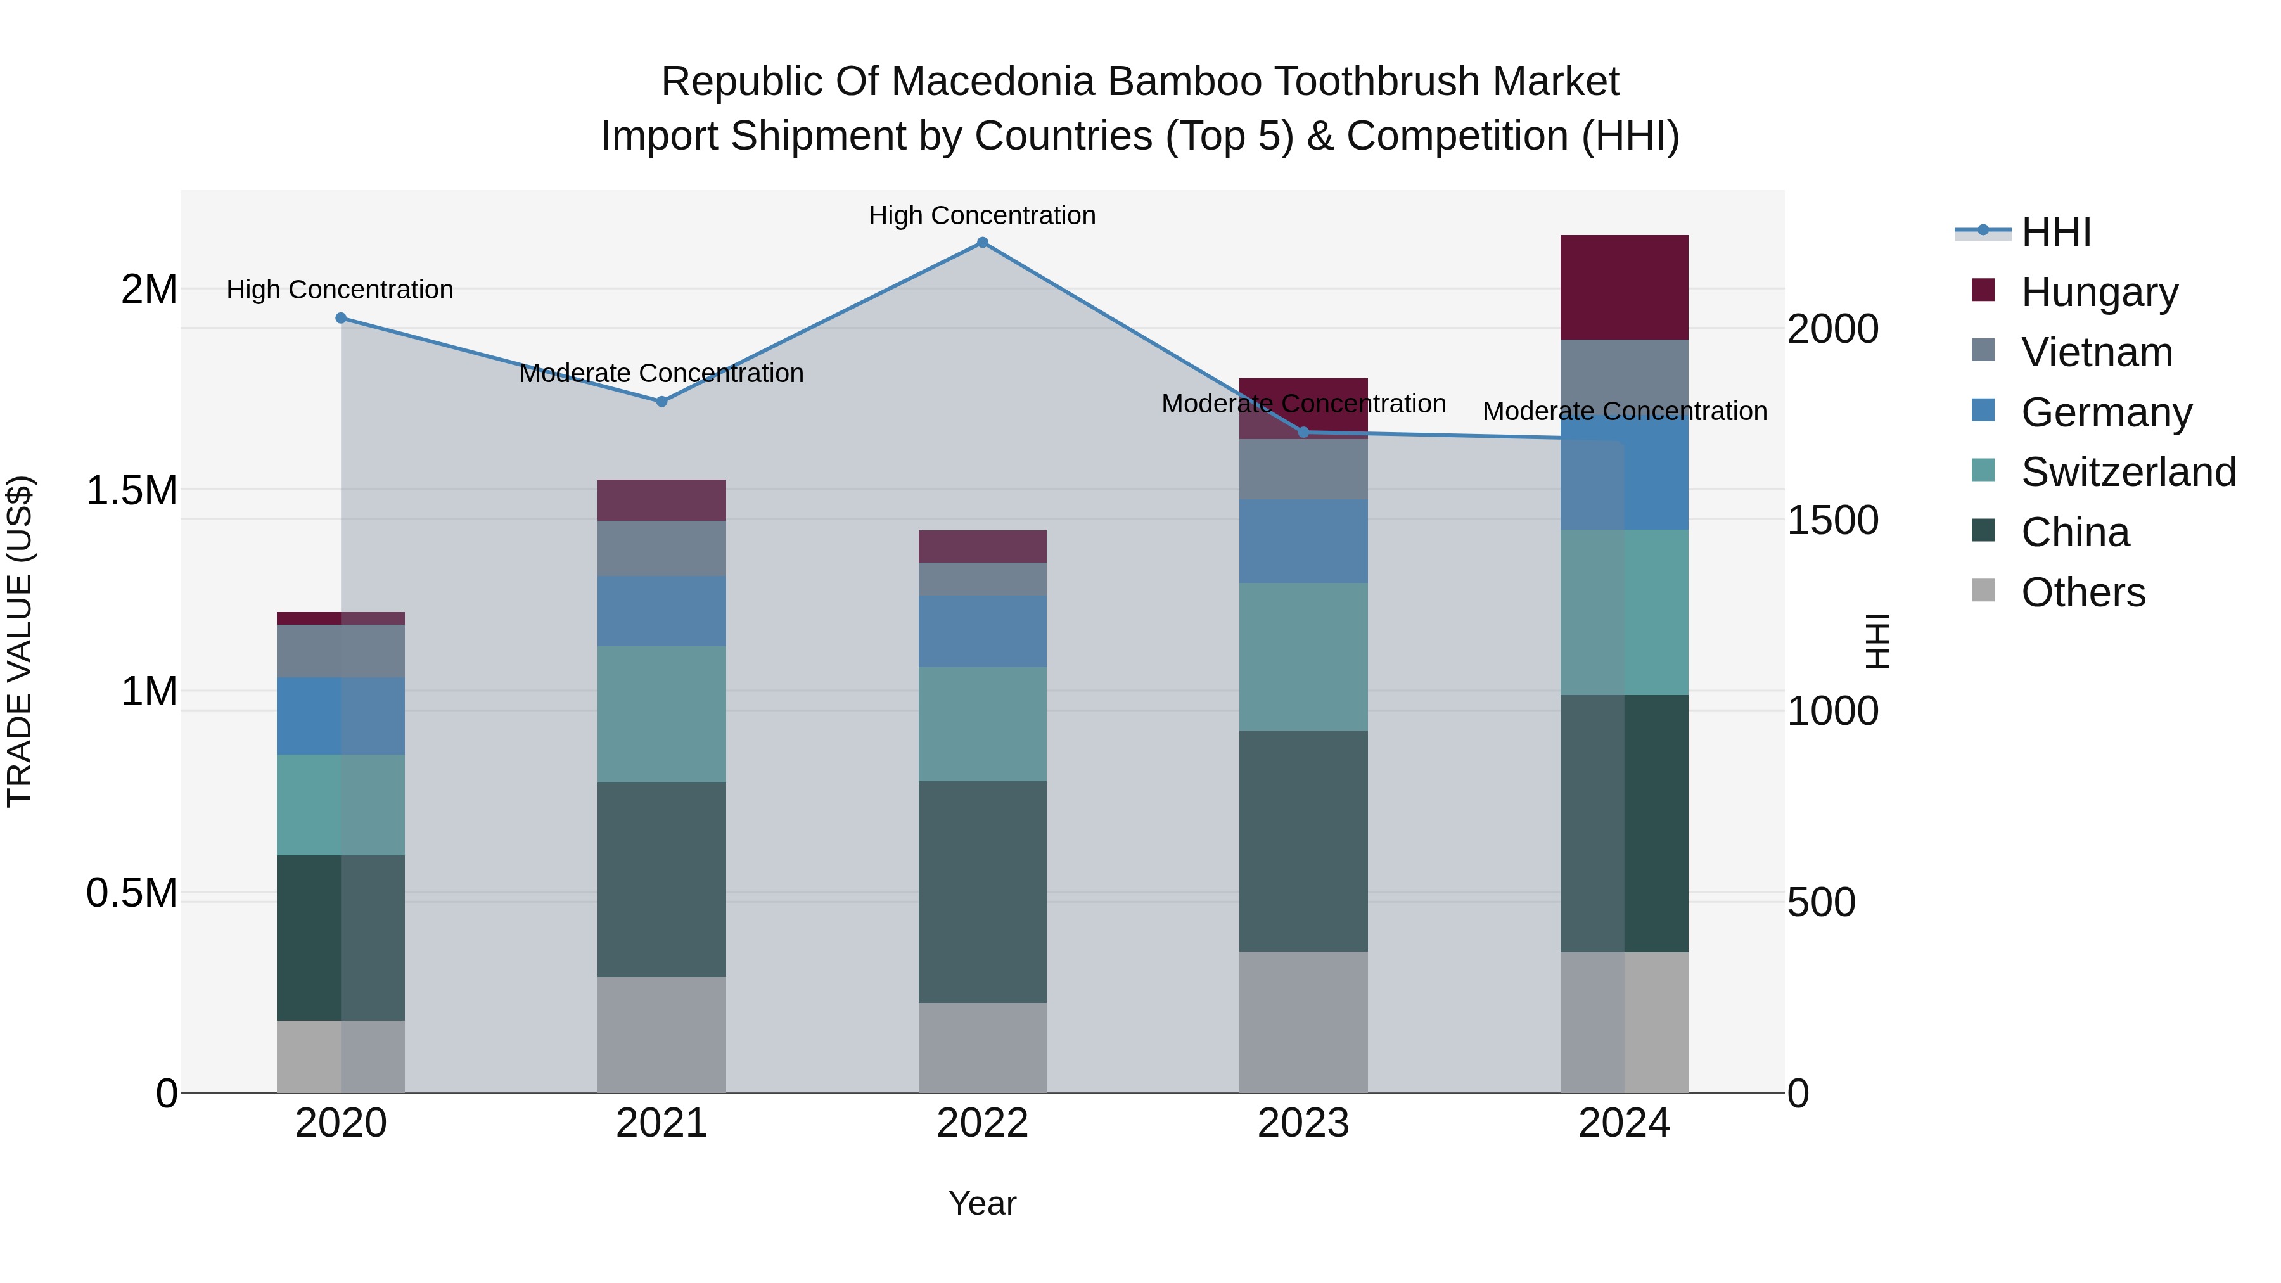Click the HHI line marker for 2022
pos(982,243)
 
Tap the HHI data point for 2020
pos(341,318)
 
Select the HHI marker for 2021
pos(661,401)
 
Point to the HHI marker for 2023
pos(1303,432)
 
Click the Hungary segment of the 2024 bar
pos(1624,287)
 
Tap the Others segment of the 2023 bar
pos(1303,1022)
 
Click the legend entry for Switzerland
pos(2128,472)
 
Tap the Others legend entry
pos(2083,592)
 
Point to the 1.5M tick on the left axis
pos(132,490)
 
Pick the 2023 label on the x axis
pos(1303,1123)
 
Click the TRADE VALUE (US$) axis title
pos(20,641)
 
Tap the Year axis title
pos(982,1203)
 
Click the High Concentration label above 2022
pos(982,215)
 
